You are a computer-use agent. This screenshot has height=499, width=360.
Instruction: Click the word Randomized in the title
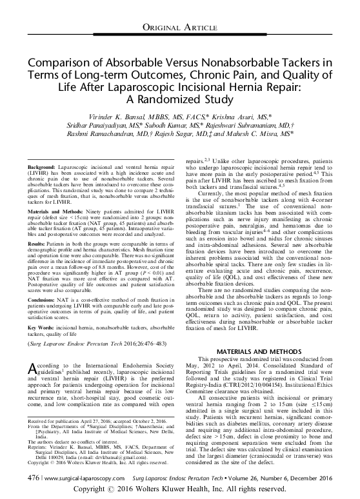click(x=159, y=100)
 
